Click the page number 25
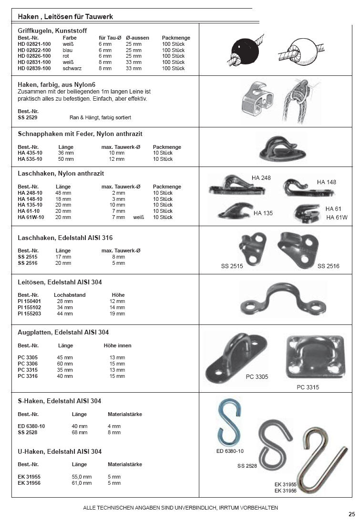[x=351, y=514]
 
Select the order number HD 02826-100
[x=34, y=56]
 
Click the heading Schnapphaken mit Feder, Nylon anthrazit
[x=80, y=134]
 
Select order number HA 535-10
[x=30, y=159]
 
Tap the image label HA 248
[x=261, y=178]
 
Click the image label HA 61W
[x=337, y=218]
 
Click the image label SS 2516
[x=328, y=266]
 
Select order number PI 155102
[x=30, y=307]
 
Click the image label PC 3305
[x=257, y=377]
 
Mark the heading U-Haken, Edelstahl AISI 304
[x=60, y=451]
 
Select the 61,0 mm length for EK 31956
[x=82, y=483]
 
